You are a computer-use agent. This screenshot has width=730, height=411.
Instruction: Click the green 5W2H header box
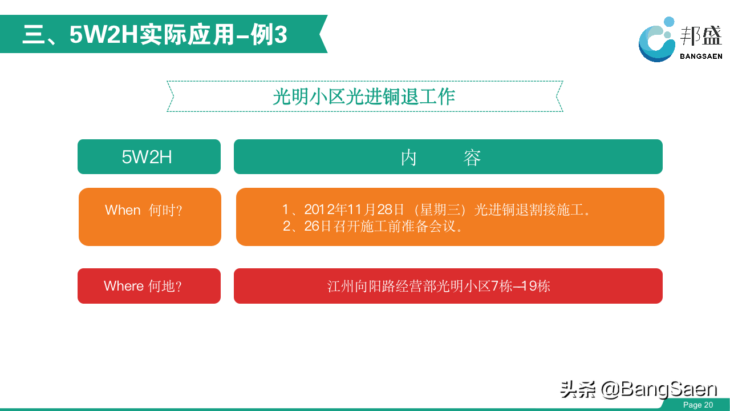pyautogui.click(x=149, y=156)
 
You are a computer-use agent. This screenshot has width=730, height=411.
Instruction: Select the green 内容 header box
pyautogui.click(x=448, y=156)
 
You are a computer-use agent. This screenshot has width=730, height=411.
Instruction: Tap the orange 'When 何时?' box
pyautogui.click(x=150, y=216)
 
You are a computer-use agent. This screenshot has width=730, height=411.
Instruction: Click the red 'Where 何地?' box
pyautogui.click(x=149, y=286)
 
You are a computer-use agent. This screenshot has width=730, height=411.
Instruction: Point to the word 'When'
pyautogui.click(x=123, y=209)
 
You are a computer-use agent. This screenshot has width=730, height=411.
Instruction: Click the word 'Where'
pyautogui.click(x=124, y=286)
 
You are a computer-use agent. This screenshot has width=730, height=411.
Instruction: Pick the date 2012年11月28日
pyautogui.click(x=354, y=209)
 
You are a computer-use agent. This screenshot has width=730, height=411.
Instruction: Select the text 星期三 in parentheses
pyautogui.click(x=440, y=209)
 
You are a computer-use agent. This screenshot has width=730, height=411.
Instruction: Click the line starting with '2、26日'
pyautogui.click(x=372, y=226)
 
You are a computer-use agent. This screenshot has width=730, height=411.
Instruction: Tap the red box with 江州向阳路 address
pyautogui.click(x=448, y=286)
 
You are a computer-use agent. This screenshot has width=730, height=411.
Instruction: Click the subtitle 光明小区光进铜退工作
pyautogui.click(x=364, y=96)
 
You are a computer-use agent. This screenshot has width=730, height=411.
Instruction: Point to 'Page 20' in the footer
pyautogui.click(x=698, y=405)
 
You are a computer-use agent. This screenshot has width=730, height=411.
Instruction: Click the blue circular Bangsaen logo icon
pyautogui.click(x=656, y=40)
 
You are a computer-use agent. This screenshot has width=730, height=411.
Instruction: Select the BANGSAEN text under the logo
pyautogui.click(x=701, y=57)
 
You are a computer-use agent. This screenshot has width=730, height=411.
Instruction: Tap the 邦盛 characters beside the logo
pyautogui.click(x=701, y=35)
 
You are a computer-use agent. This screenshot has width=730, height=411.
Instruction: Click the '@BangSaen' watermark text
pyautogui.click(x=659, y=389)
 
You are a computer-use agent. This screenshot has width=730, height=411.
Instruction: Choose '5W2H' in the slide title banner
pyautogui.click(x=104, y=35)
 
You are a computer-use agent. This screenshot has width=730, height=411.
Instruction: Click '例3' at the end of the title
pyautogui.click(x=269, y=35)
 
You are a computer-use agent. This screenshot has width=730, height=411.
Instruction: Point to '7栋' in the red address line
pyautogui.click(x=501, y=286)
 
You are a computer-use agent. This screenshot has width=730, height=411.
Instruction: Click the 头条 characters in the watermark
pyautogui.click(x=578, y=389)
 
